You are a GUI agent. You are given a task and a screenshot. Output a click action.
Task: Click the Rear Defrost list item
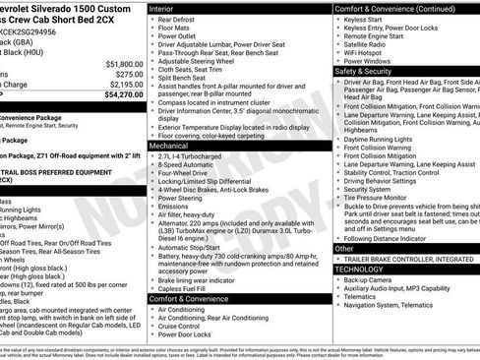(177, 20)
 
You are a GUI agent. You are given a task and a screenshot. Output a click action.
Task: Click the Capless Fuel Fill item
(187, 288)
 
